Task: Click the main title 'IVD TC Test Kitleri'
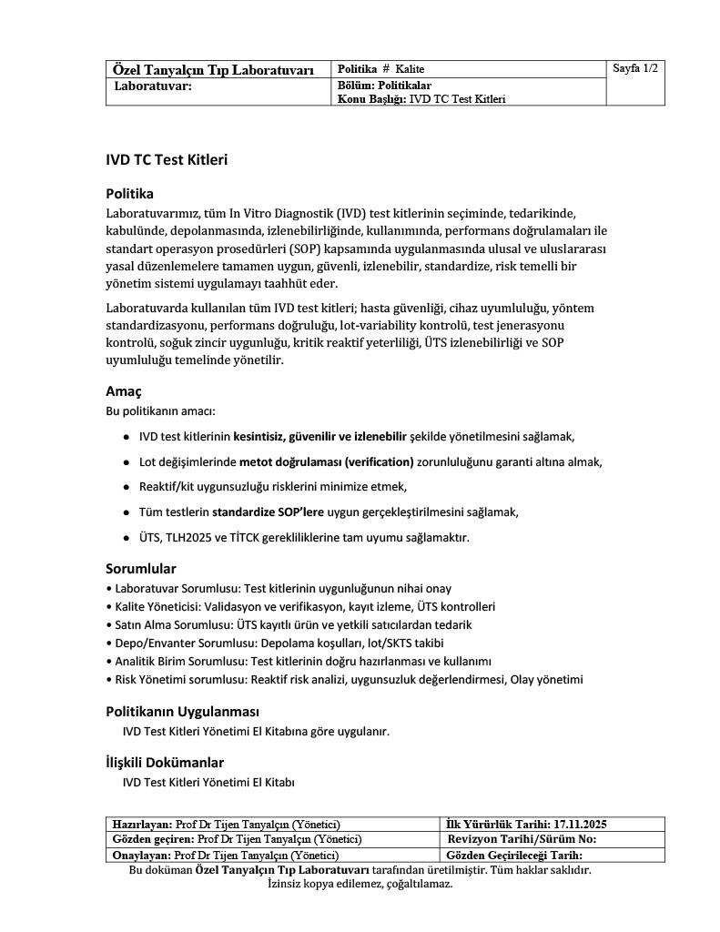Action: pyautogui.click(x=167, y=160)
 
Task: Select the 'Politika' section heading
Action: pyautogui.click(x=130, y=193)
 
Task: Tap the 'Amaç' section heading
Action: pyautogui.click(x=124, y=391)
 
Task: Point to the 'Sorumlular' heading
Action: pyautogui.click(x=141, y=569)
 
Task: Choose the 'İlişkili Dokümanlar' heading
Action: pyautogui.click(x=165, y=762)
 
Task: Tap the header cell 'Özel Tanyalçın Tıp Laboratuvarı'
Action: pyautogui.click(x=213, y=70)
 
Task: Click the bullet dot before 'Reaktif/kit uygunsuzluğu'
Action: pyautogui.click(x=126, y=487)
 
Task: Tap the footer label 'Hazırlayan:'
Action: pyautogui.click(x=141, y=824)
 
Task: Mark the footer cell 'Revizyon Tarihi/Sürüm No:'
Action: pyautogui.click(x=522, y=839)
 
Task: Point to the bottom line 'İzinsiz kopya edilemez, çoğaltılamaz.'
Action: pyautogui.click(x=360, y=884)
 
